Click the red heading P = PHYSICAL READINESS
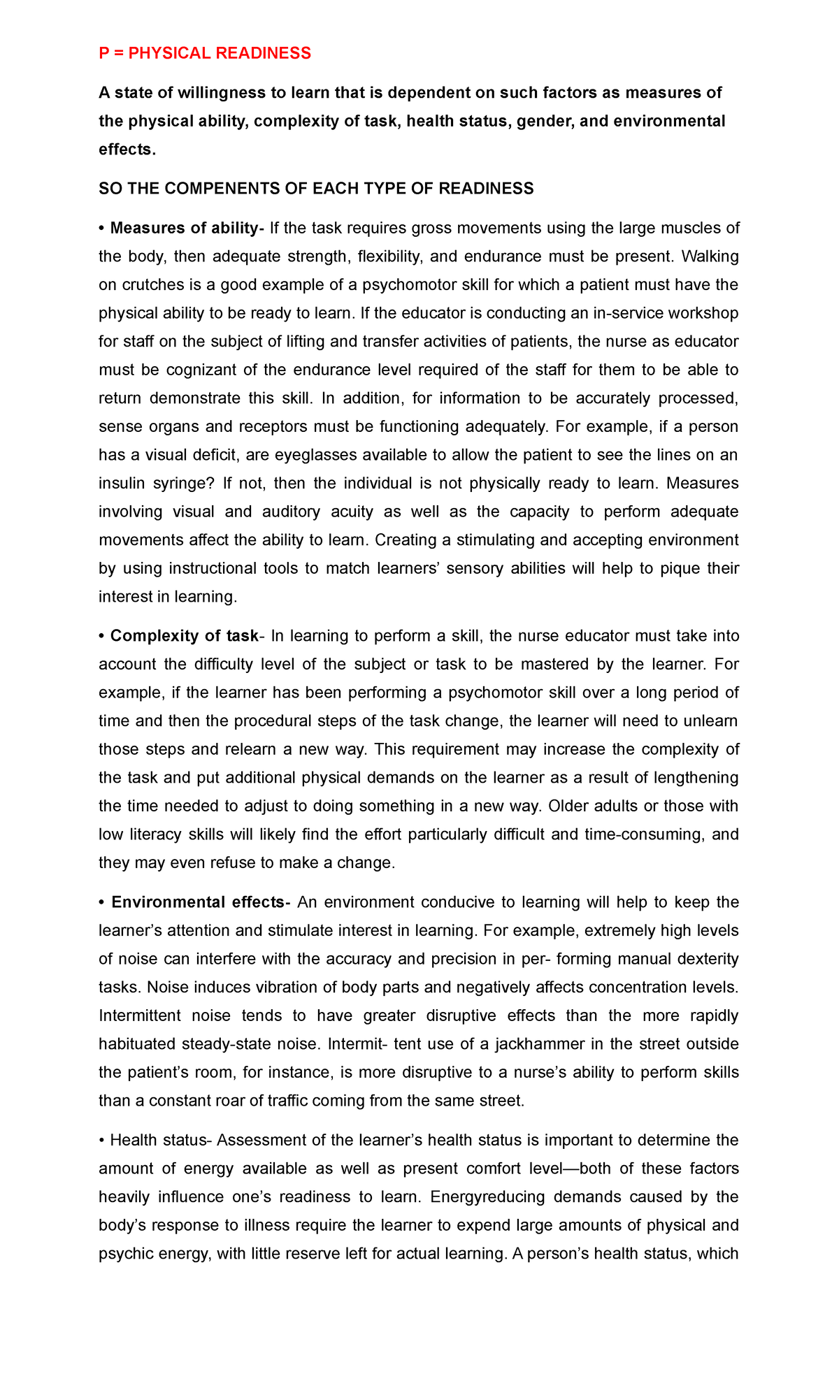[x=205, y=53]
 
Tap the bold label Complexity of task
[x=185, y=636]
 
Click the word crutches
[x=150, y=285]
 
